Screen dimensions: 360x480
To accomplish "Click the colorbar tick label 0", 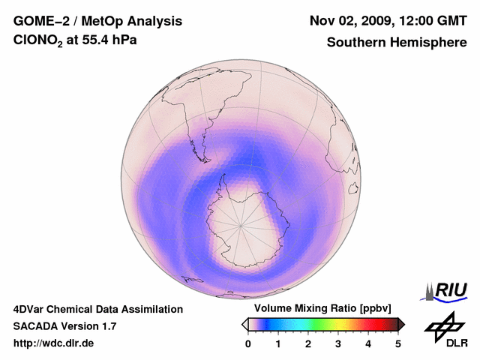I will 248,344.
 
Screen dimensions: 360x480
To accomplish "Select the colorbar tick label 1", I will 278,344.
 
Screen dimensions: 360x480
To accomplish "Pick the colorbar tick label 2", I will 308,344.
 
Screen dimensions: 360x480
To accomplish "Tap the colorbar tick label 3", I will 338,344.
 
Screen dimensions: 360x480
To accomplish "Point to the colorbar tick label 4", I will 368,344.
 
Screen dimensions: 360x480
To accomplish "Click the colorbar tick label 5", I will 398,344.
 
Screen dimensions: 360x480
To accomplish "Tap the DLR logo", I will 445,331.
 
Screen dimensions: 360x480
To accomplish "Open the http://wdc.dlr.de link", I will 54,343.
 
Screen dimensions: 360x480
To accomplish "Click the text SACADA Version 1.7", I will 64,326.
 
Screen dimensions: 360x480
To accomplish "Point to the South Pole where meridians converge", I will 241,224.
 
